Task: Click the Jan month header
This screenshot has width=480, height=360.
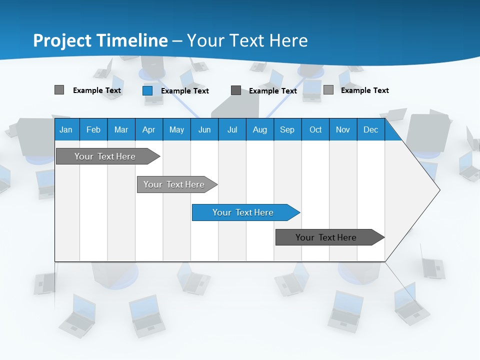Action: coord(66,129)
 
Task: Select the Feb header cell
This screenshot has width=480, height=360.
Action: coord(93,129)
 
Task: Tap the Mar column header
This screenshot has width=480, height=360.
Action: coord(121,129)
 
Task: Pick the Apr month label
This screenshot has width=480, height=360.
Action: coord(149,129)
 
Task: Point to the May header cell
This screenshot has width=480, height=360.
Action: coord(176,129)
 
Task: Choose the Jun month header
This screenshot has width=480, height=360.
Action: coord(204,129)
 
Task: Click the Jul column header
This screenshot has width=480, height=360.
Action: coord(232,129)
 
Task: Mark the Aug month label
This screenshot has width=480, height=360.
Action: coord(260,129)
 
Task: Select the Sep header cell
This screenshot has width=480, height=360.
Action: coord(287,129)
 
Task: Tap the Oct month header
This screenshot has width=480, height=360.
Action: coord(315,129)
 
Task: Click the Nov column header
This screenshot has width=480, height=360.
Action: coord(343,129)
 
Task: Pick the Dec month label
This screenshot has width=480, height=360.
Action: coord(371,129)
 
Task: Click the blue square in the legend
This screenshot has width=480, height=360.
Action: coord(147,90)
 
